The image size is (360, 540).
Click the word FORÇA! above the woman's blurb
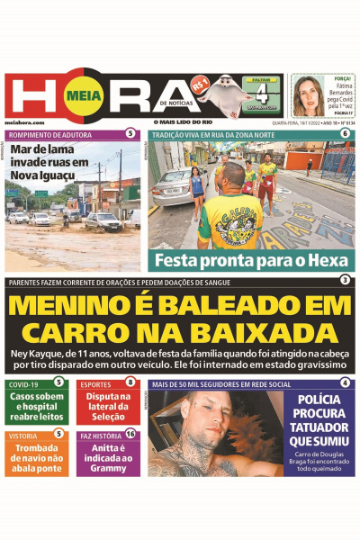(x=338, y=78)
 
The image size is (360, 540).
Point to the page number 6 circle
(x=345, y=134)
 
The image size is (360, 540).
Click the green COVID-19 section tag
(x=23, y=384)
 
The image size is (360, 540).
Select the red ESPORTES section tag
(x=96, y=384)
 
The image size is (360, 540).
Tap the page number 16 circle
(x=131, y=434)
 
